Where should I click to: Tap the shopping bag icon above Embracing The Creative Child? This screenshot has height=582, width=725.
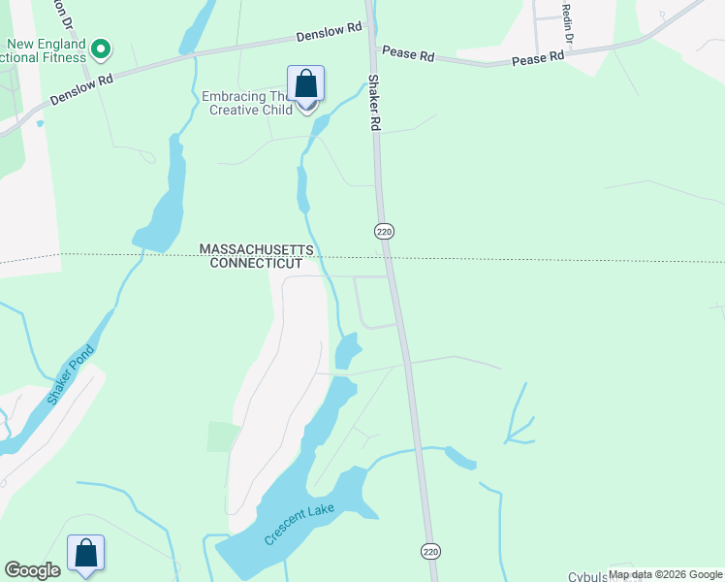click(305, 84)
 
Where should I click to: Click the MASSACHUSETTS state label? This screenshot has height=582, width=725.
click(257, 249)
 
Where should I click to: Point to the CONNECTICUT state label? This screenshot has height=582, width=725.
click(257, 263)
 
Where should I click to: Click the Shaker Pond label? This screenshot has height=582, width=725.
click(71, 375)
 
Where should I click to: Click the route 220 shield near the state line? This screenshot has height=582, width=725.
click(384, 231)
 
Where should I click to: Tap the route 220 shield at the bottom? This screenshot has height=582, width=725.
click(430, 551)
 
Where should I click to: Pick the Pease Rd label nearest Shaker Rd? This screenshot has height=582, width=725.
click(408, 52)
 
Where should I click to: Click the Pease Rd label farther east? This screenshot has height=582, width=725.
click(538, 57)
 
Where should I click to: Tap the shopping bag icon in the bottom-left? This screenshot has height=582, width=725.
click(85, 554)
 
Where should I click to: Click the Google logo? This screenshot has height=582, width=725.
click(32, 570)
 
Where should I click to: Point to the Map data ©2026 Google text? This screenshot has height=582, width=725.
click(665, 575)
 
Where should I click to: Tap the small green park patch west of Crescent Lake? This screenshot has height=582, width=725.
click(222, 436)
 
